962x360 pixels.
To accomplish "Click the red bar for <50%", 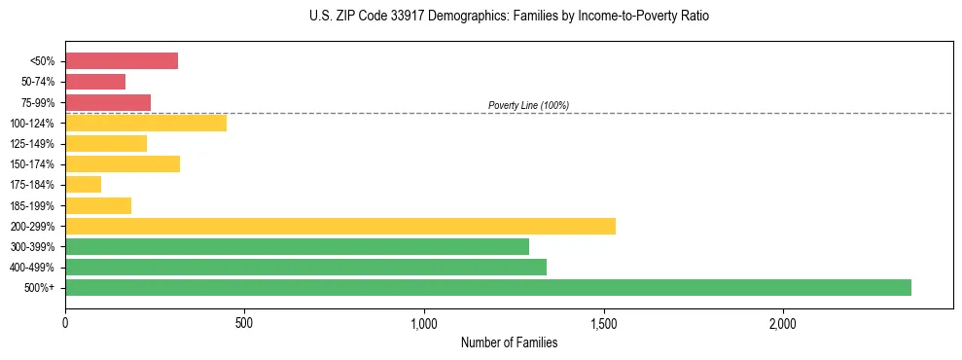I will click(x=122, y=61).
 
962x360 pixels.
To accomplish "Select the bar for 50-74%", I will click(x=95, y=82).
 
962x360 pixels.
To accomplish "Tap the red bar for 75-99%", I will click(x=108, y=102).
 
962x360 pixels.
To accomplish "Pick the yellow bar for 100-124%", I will click(x=146, y=123).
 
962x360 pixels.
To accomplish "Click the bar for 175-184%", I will click(x=84, y=185).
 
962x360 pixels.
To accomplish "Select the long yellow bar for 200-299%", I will click(x=340, y=226).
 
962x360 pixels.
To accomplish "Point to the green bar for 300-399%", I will click(x=297, y=246).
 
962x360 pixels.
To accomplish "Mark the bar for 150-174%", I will click(x=123, y=164).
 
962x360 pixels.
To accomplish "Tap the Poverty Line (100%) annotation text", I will click(x=528, y=105).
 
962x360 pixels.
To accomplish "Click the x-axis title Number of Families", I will click(x=509, y=342).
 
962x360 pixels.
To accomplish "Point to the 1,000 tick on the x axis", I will click(x=424, y=323).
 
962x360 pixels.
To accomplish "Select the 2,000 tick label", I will click(x=783, y=323).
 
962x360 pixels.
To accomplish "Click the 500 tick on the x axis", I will click(x=244, y=323).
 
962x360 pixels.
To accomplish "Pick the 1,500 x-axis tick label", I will click(x=604, y=323).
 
